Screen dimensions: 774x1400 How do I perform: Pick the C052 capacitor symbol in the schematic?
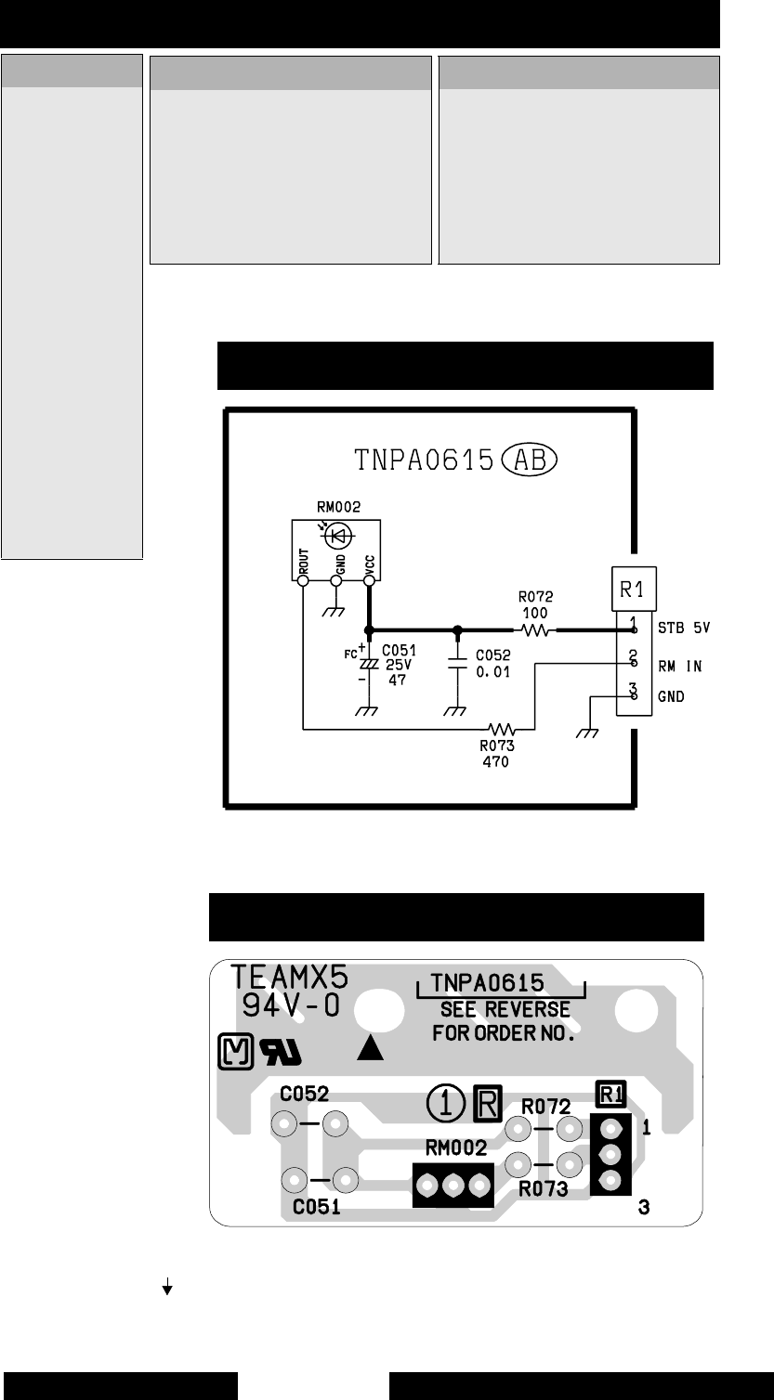coord(456,661)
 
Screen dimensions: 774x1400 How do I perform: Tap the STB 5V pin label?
coord(681,628)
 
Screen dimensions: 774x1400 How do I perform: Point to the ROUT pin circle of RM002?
coord(303,581)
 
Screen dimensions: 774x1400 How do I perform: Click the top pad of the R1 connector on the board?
coord(610,1130)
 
